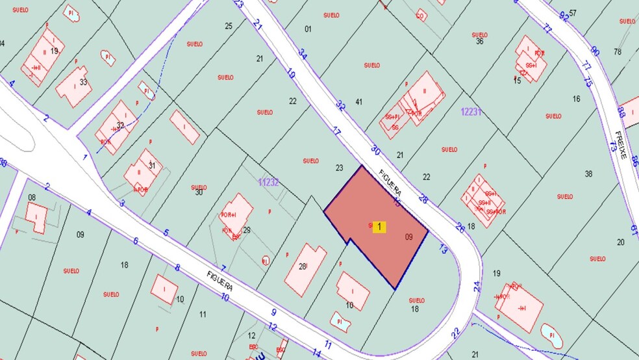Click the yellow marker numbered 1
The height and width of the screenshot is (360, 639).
tap(379, 227)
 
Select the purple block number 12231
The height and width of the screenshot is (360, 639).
tap(471, 112)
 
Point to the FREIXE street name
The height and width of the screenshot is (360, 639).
tap(620, 146)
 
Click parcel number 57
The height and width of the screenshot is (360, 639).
tap(573, 13)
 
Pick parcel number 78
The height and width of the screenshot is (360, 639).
tap(618, 51)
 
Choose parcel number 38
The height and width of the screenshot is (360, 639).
tap(589, 174)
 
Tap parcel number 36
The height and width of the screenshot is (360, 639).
tap(480, 42)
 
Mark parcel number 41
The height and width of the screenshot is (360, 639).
tap(358, 102)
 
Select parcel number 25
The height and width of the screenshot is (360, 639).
tap(229, 26)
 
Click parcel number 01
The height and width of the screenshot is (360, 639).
tap(308, 29)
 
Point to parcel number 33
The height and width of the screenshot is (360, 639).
tap(83, 82)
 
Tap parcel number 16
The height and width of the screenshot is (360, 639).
tap(576, 99)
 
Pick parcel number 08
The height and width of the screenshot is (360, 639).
tap(32, 197)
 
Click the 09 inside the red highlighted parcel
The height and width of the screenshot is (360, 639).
tap(408, 237)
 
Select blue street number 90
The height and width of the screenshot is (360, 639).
tap(595, 51)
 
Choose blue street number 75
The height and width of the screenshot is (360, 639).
tap(588, 82)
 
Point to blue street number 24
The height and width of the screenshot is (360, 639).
tap(477, 285)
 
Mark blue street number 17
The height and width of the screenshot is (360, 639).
tap(336, 132)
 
